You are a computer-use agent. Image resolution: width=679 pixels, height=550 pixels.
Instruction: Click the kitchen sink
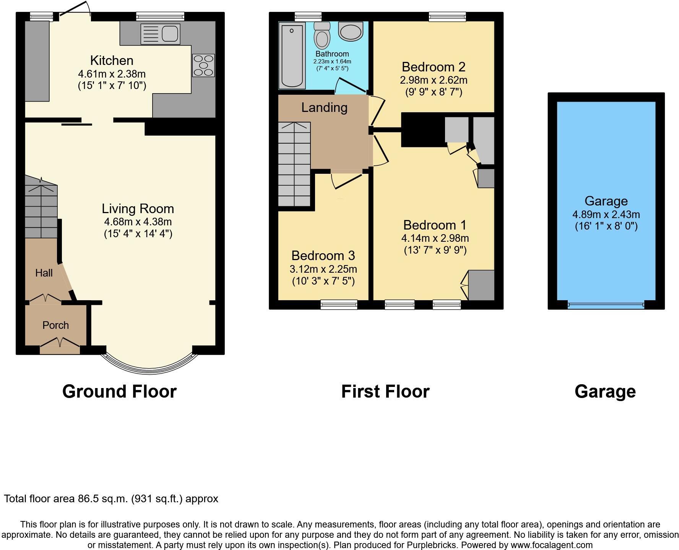161,34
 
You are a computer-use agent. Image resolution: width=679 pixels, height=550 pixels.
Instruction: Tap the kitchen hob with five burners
203,65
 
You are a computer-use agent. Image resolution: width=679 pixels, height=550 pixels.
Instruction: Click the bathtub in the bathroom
292,55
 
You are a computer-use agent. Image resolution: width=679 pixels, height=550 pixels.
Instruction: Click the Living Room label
138,209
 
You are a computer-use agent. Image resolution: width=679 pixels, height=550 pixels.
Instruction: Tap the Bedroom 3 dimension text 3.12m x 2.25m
323,269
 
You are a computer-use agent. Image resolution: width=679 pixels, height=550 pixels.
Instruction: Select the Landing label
324,107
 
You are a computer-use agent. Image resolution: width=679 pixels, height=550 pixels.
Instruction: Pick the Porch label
55,325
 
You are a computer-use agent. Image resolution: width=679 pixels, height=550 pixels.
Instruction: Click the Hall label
44,273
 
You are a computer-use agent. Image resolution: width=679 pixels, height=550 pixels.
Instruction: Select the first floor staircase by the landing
294,164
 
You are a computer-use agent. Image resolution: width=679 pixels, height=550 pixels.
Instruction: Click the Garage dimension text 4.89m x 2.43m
606,214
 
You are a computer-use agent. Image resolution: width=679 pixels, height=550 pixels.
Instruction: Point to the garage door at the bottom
606,304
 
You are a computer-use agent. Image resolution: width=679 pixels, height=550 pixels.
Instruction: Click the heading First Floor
385,391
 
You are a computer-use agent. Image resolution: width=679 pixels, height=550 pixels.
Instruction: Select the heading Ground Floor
119,391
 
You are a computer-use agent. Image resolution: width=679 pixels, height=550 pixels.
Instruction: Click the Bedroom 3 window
339,304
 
